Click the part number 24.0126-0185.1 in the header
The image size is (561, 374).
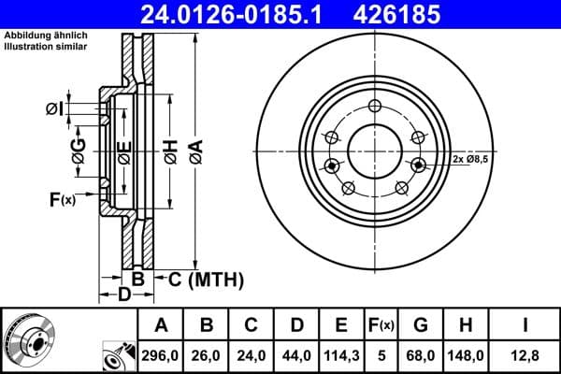236,14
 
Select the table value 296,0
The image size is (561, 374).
161,354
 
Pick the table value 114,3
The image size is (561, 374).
340,354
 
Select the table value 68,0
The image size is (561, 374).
420,354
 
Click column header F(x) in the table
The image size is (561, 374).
381,325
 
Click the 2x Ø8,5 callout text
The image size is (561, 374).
471,160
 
